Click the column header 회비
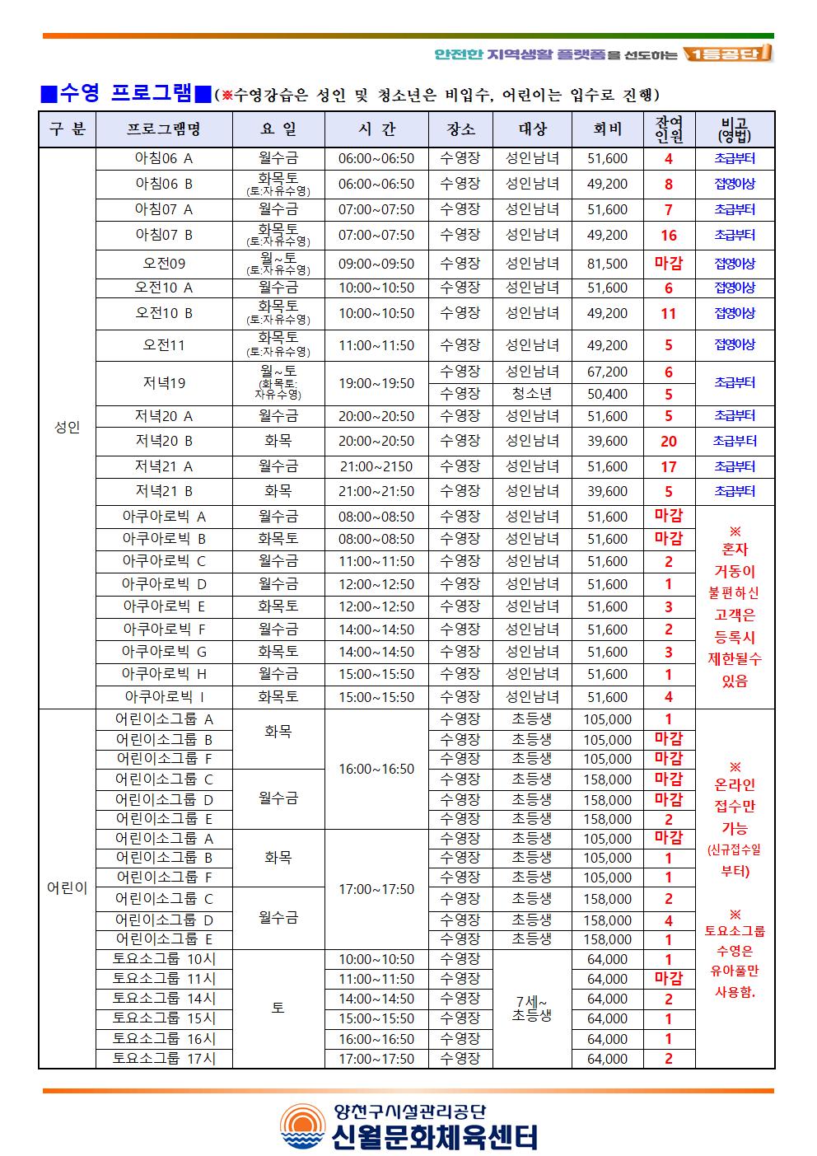click(x=607, y=129)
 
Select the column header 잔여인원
click(x=668, y=129)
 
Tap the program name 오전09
click(x=164, y=264)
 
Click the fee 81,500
click(x=607, y=264)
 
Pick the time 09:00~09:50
click(x=376, y=264)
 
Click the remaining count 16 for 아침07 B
click(x=668, y=236)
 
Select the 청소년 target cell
click(x=531, y=394)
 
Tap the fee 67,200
click(x=607, y=372)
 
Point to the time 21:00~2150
click(x=376, y=466)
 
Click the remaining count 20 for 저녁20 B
click(x=668, y=441)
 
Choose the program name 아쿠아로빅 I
click(x=164, y=697)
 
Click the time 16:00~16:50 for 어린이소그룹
click(x=376, y=769)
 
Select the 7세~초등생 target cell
click(x=531, y=1009)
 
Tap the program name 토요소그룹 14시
click(x=164, y=999)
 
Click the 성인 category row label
click(x=67, y=428)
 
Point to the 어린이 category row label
click(x=67, y=888)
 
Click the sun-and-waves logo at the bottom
click(x=302, y=1127)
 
